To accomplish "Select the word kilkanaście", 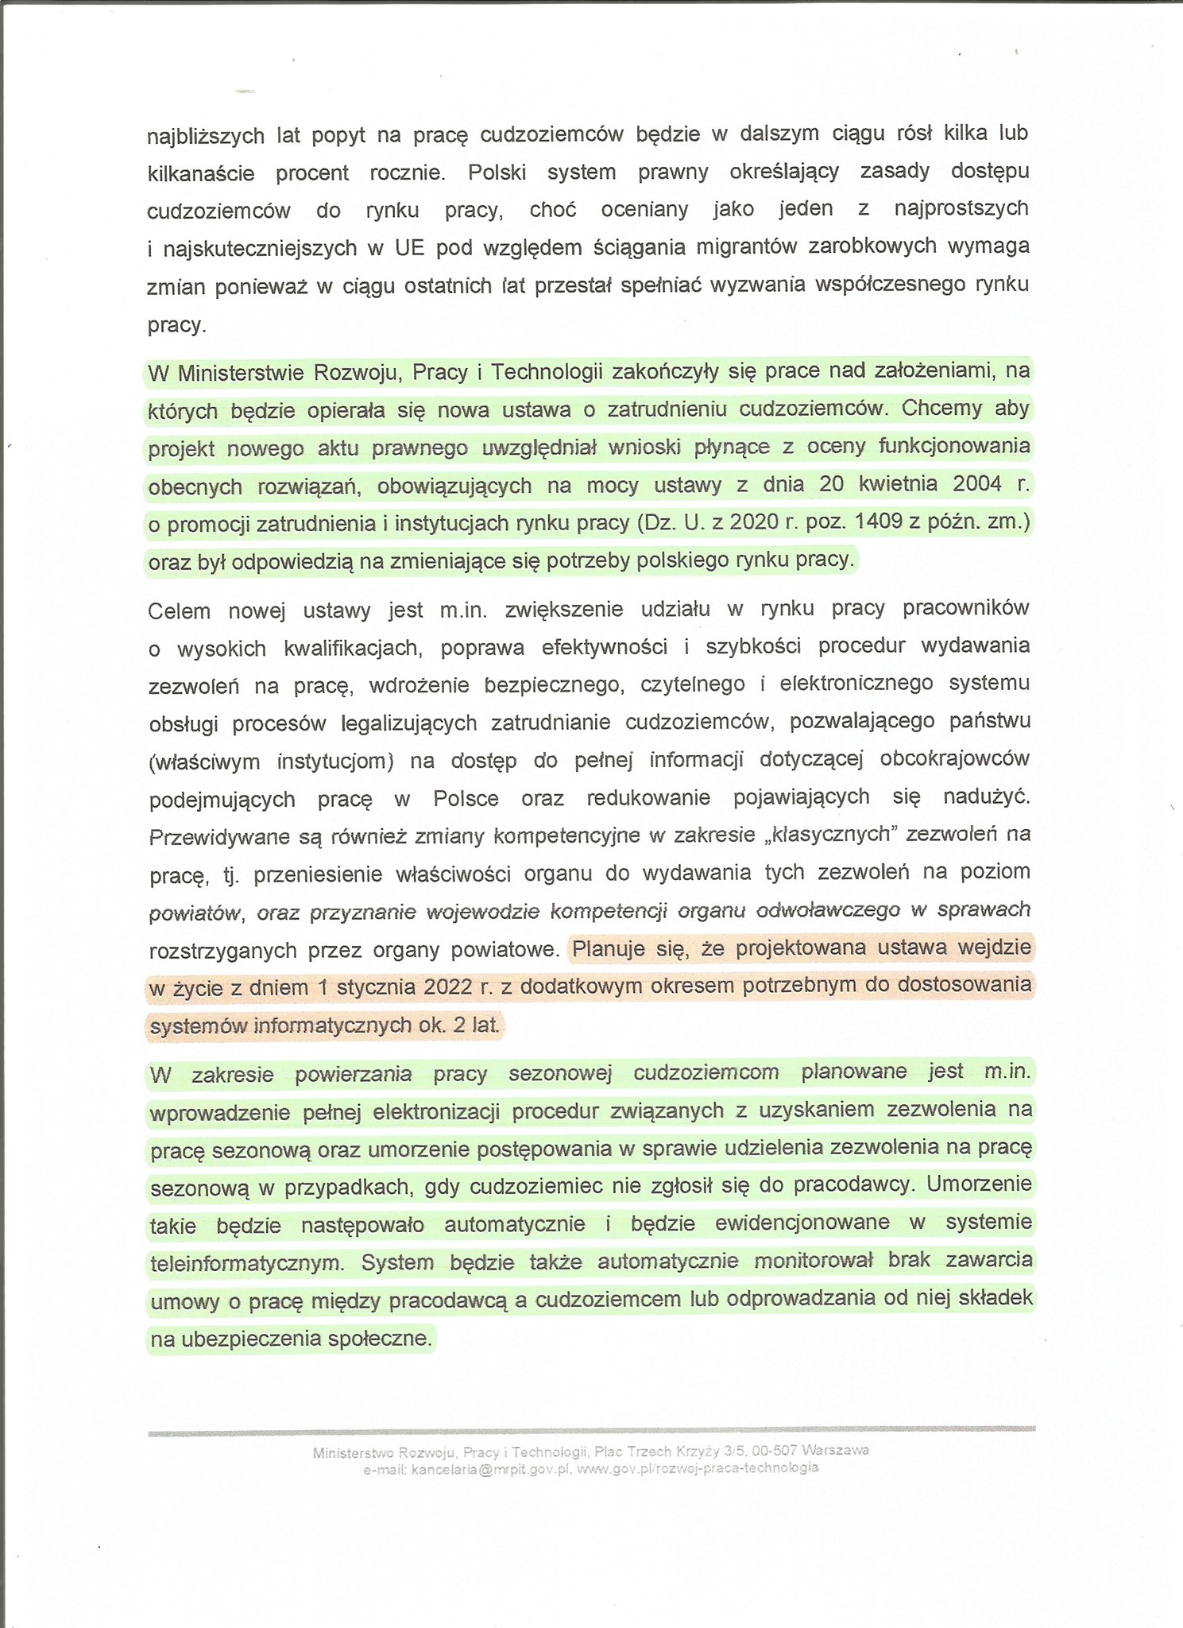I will [201, 174].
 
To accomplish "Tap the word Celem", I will [179, 611].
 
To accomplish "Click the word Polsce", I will [466, 798].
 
